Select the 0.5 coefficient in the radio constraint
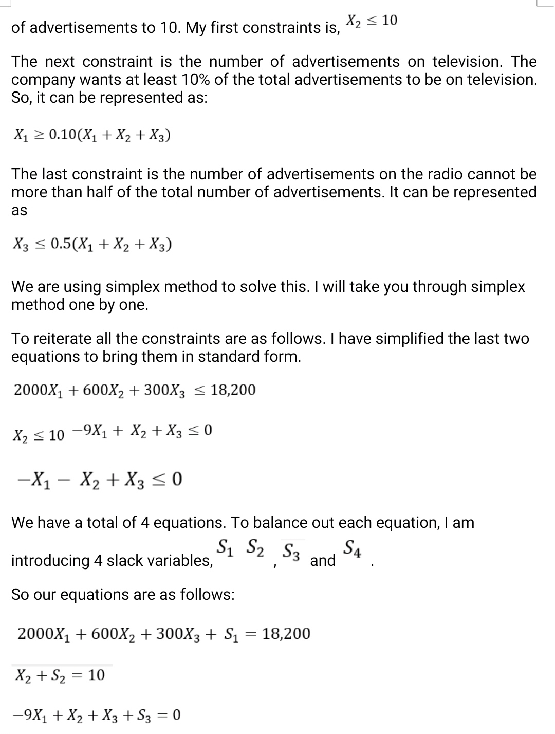tap(61, 245)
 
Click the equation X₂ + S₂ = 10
tap(60, 674)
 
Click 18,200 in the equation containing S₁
tap(286, 634)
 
